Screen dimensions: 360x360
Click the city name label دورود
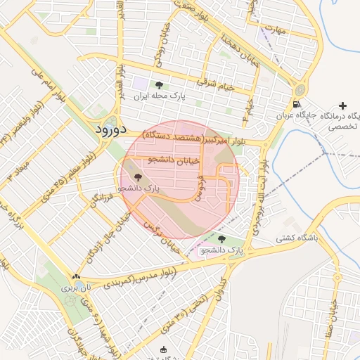coord(110,130)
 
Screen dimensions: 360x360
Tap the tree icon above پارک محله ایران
coord(158,85)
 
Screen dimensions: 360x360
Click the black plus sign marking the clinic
coord(342,105)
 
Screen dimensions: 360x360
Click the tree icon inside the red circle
coord(137,177)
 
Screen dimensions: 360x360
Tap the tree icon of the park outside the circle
coord(221,239)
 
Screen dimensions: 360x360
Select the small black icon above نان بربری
coord(75,277)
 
